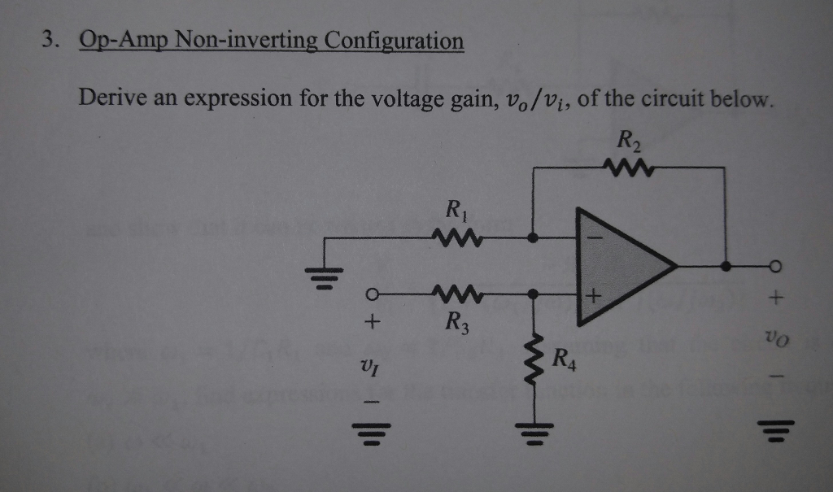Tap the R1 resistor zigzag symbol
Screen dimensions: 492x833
pos(460,239)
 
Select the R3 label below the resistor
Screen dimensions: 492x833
pos(456,320)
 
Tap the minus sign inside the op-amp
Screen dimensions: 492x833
pos(594,238)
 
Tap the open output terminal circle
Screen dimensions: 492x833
pos(775,265)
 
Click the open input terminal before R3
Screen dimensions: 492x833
pos(372,294)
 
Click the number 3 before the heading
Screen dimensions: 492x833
pos(49,39)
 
